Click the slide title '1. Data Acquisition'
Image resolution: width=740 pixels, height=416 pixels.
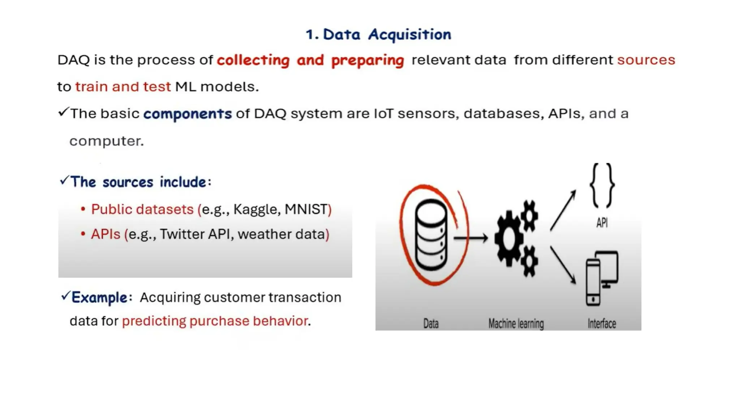click(x=378, y=35)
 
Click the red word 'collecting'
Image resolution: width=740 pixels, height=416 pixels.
click(x=253, y=60)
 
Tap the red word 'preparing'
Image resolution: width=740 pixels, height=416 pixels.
click(x=367, y=60)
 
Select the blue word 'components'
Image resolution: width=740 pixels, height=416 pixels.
click(x=188, y=114)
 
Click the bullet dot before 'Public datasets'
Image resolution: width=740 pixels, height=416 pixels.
click(x=83, y=209)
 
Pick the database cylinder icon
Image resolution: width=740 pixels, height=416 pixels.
click(x=431, y=235)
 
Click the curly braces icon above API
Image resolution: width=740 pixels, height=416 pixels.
click(x=602, y=186)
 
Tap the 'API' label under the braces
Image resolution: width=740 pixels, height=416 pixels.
click(x=602, y=223)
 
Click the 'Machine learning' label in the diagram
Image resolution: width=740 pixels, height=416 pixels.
click(x=516, y=324)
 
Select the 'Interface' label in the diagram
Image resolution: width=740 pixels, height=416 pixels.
click(x=602, y=324)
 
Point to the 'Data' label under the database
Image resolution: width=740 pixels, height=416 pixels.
click(x=431, y=324)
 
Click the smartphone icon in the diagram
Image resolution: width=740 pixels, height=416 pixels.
click(x=593, y=283)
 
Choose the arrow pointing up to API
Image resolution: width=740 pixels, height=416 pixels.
click(x=563, y=210)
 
